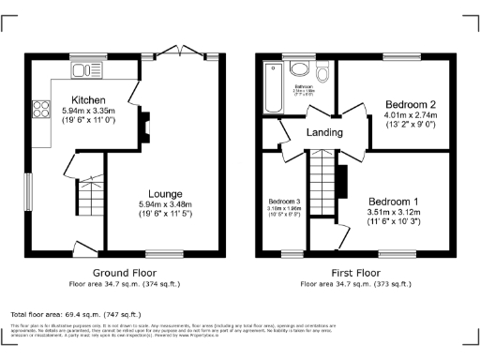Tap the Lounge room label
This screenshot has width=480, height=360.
click(164, 192)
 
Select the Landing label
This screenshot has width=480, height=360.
click(325, 134)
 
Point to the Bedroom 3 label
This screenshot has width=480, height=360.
click(284, 202)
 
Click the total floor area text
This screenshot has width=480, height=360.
click(75, 314)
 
